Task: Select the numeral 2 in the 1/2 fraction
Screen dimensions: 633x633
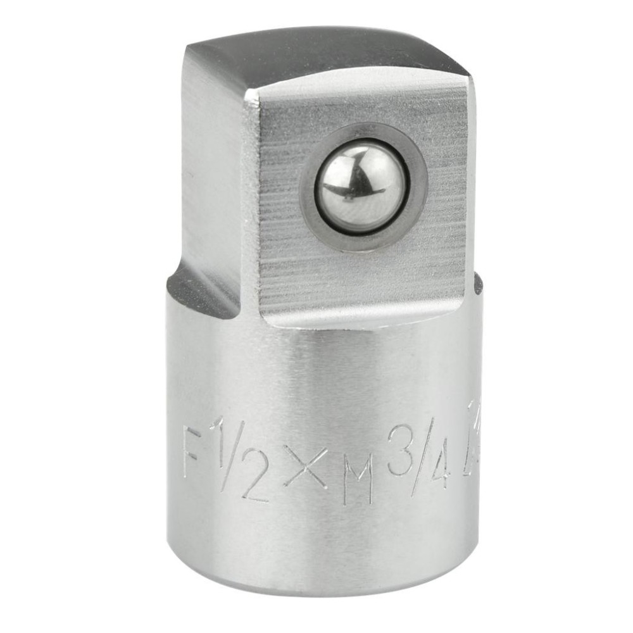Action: (x=256, y=479)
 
